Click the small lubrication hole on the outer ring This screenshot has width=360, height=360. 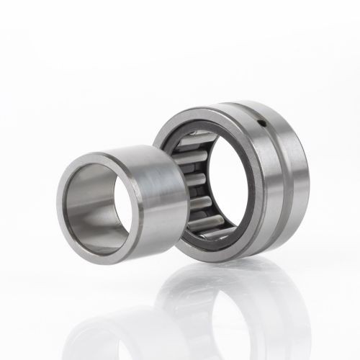(264, 123)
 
